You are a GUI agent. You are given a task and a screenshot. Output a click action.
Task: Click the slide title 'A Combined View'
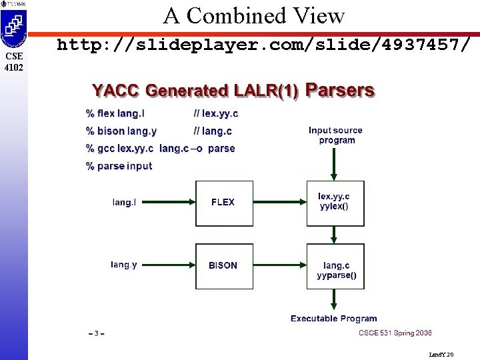pos(254,15)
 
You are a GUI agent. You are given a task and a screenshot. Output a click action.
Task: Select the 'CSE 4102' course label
pos(13,61)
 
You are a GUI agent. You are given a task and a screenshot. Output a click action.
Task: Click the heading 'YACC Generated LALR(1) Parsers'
pos(233,91)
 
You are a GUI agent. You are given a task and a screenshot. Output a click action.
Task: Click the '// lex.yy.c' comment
pos(215,113)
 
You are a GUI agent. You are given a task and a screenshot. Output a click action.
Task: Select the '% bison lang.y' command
pos(121,131)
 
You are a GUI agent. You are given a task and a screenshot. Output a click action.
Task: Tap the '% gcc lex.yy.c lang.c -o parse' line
pos(161,149)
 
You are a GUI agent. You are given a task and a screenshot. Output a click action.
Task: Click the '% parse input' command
pos(119,166)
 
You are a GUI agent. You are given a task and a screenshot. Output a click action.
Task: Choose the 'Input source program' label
pos(337,135)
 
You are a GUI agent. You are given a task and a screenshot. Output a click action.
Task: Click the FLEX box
pos(223,203)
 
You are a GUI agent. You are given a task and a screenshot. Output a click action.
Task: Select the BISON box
pos(223,265)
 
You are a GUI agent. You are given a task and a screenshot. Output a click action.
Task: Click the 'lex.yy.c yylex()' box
pos(335,203)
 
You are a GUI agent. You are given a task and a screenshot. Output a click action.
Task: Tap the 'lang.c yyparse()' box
pos(335,266)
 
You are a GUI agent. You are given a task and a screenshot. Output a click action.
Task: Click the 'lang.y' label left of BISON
pos(124,265)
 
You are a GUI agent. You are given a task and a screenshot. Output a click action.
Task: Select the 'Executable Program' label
pos(334,319)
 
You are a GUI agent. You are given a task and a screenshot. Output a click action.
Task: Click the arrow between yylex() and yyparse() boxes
pos(335,234)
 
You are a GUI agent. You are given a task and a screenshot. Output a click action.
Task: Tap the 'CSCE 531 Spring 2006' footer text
pos(395,333)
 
